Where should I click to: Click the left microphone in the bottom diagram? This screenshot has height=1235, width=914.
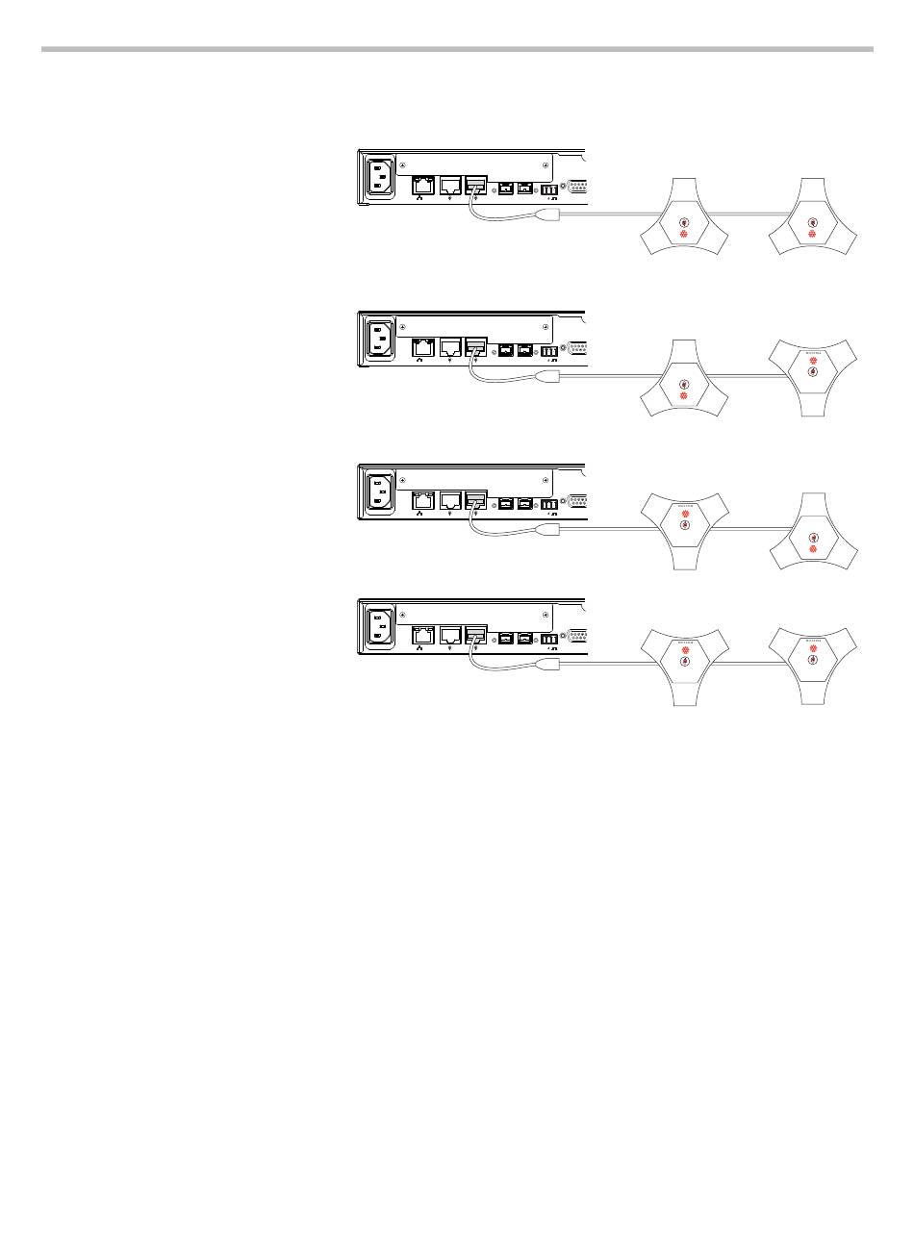684,663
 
